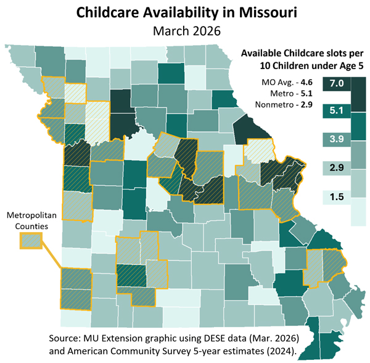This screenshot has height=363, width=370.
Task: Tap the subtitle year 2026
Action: (208, 30)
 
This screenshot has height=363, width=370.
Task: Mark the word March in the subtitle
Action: (172, 30)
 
